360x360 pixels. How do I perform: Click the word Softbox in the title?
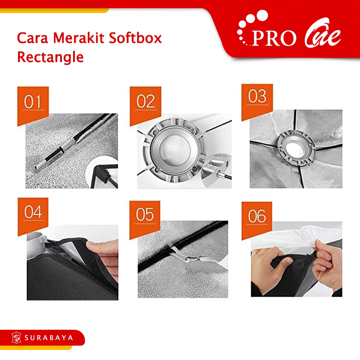pos(135,38)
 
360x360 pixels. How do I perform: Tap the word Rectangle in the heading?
pos(50,57)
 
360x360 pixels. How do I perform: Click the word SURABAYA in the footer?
pos(49,338)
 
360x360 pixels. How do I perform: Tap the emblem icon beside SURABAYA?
pos(16,338)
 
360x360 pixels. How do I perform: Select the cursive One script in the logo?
pos(323,33)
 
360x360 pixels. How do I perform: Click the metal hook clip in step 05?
pos(189,259)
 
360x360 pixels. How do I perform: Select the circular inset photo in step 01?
pos(102,172)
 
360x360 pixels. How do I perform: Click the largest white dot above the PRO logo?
pos(262,15)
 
